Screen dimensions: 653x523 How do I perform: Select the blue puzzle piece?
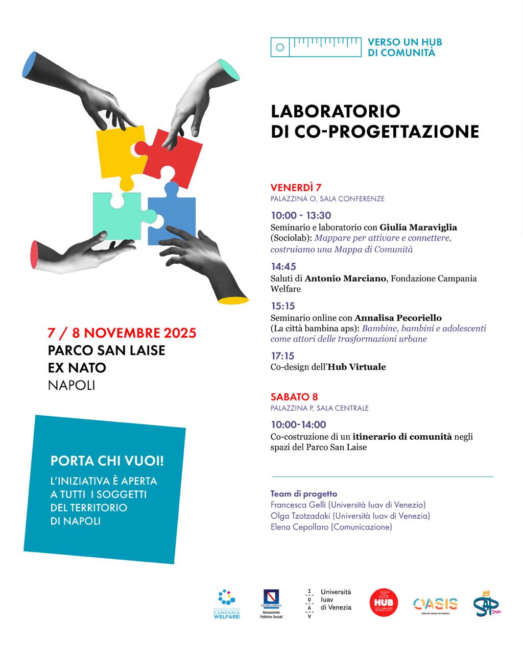[174, 217]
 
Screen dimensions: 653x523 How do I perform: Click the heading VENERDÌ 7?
[296, 187]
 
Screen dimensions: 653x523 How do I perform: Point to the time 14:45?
[283, 266]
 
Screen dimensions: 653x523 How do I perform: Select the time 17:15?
[282, 356]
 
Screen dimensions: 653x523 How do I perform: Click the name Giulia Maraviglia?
[418, 228]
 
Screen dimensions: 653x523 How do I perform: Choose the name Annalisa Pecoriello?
[398, 318]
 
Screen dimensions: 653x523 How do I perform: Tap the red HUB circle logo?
[384, 602]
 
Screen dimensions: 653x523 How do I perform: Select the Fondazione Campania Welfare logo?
[226, 604]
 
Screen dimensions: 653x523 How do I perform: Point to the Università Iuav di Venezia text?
[336, 600]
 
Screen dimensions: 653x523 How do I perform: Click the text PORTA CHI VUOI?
[107, 461]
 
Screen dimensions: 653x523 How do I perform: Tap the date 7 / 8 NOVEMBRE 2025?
[122, 333]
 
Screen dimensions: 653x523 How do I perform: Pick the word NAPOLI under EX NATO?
[72, 385]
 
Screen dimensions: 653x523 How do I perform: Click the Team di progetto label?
[303, 494]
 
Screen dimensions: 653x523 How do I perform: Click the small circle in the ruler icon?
[279, 47]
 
